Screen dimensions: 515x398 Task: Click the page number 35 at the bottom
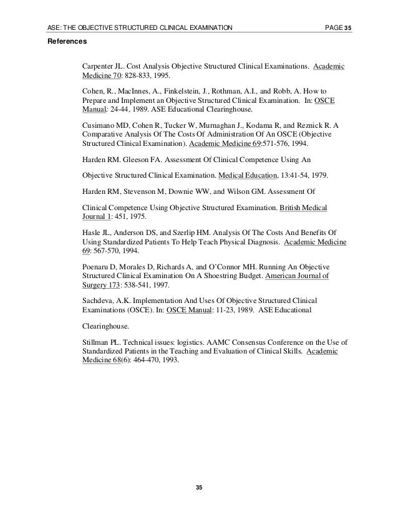[198, 486]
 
